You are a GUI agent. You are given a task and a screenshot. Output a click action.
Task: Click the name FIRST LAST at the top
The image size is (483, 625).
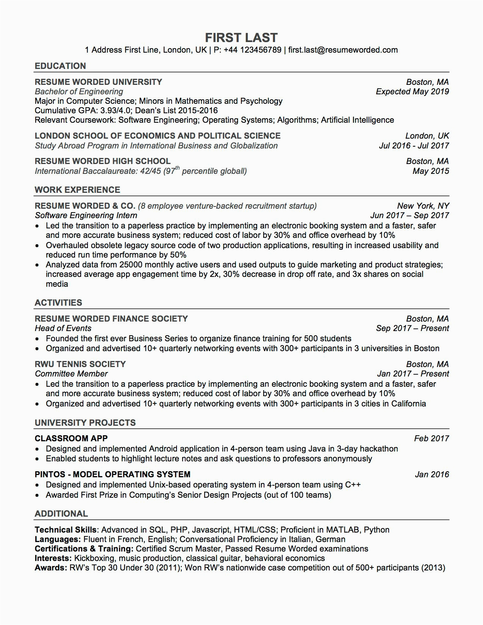point(241,37)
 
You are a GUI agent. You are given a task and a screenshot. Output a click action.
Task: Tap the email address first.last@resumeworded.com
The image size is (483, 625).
point(343,50)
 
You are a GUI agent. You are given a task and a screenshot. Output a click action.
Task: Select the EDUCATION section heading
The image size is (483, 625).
point(60,66)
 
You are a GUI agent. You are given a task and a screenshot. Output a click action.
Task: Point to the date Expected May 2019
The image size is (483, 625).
point(412,92)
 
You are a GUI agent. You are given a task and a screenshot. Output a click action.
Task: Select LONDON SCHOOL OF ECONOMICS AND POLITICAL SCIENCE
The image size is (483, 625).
point(158,136)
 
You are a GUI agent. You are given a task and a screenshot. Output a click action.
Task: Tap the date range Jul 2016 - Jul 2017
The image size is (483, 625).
point(414,146)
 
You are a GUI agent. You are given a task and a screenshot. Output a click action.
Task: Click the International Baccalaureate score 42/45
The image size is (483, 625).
point(150,171)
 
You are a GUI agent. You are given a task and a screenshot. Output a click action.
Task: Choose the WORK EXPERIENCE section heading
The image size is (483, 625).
point(77,190)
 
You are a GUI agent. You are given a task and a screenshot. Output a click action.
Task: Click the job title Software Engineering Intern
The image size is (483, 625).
point(86,216)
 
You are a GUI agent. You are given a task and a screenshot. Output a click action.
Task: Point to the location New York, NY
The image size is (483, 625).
point(423,206)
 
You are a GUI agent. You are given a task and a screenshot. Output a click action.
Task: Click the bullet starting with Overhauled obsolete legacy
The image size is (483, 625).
point(242,245)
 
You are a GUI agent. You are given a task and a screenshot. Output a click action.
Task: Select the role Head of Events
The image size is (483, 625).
point(63,328)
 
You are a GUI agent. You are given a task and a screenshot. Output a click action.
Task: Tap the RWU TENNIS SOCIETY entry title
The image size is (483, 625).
point(80,364)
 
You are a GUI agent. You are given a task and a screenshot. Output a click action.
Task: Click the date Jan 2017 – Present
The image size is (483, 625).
point(413,374)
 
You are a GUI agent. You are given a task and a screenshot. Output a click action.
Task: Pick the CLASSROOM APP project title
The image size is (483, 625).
point(71,439)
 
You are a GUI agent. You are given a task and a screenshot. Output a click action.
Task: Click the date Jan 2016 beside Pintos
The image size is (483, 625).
point(432,475)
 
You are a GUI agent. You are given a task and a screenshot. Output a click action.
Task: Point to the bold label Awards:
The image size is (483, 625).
point(51,568)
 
